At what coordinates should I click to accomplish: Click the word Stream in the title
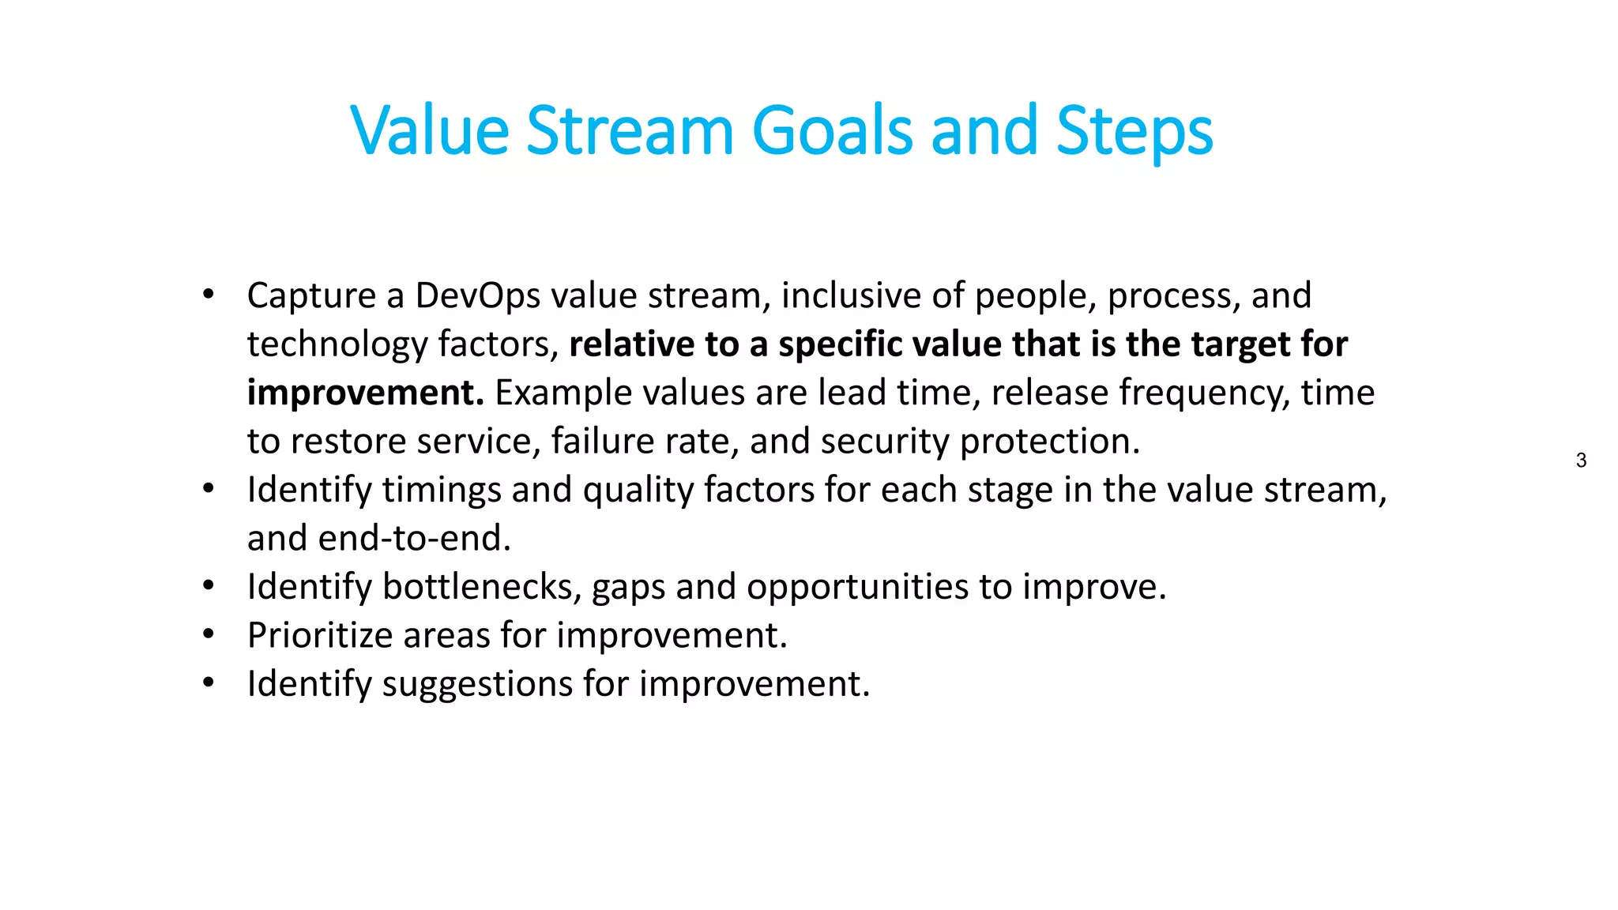pos(630,131)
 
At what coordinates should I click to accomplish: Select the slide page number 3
pos(1581,461)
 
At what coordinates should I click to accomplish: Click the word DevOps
pos(477,296)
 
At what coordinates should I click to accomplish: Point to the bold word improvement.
pos(365,393)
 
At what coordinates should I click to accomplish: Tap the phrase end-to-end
pos(414,539)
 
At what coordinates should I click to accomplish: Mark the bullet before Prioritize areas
pos(208,635)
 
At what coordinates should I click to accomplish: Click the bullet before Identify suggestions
pos(208,683)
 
